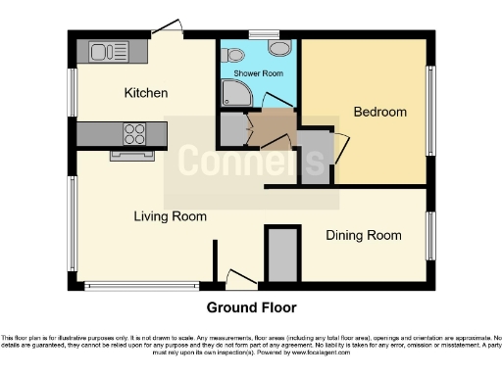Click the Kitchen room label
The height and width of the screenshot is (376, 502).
146,93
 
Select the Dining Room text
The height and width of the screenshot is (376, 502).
364,235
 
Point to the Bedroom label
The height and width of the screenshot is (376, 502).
379,112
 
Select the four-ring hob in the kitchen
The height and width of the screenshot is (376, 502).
134,132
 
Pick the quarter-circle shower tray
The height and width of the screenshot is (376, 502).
233,94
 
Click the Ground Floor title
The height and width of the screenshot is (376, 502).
250,306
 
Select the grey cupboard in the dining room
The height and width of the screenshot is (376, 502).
282,254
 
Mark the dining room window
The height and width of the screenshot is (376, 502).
428,235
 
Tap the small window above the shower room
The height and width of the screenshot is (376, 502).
262,35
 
